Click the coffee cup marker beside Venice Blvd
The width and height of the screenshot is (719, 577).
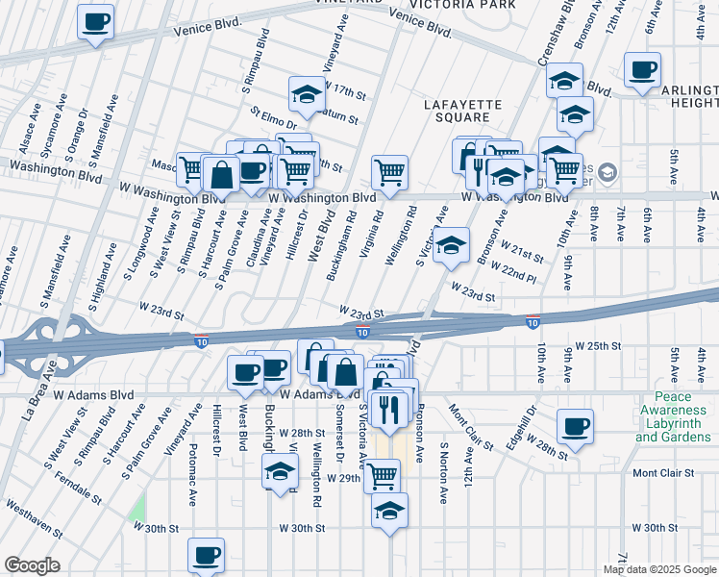[x=94, y=22]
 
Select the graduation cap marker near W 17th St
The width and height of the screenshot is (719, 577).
[x=307, y=95]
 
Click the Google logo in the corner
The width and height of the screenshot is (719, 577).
[x=32, y=565]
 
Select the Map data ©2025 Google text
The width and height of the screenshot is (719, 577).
[x=659, y=569]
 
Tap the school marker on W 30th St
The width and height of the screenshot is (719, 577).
[x=389, y=511]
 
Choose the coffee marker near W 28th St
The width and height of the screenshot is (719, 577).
[x=576, y=426]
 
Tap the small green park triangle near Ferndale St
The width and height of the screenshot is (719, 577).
[x=138, y=508]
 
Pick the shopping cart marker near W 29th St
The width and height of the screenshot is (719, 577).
[x=383, y=474]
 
